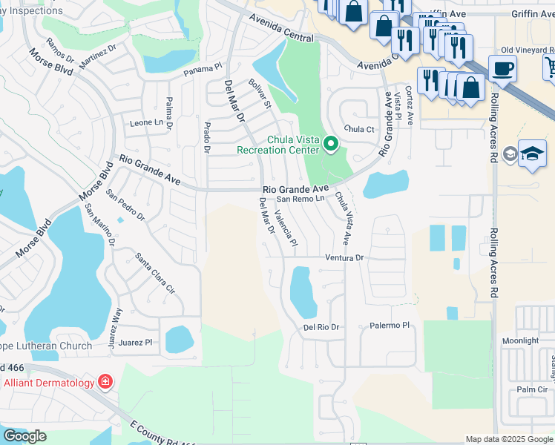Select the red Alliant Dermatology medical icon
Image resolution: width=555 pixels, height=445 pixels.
[105, 382]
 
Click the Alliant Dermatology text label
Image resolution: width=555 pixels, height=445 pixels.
[49, 383]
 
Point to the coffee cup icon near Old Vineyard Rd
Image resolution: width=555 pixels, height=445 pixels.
[502, 69]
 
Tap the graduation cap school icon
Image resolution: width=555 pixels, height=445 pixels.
[532, 153]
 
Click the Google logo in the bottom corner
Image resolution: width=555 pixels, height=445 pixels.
[24, 435]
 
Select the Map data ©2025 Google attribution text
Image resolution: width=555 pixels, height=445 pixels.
[509, 439]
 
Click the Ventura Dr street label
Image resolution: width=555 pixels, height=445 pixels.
[346, 258]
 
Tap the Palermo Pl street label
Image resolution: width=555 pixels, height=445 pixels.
[390, 326]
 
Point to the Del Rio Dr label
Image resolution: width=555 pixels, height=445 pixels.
[321, 327]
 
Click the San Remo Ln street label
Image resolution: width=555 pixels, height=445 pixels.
[301, 199]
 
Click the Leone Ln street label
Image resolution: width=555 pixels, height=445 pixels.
[146, 122]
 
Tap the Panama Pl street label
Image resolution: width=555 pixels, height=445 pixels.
[203, 68]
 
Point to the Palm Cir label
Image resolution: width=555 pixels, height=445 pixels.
[532, 389]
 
